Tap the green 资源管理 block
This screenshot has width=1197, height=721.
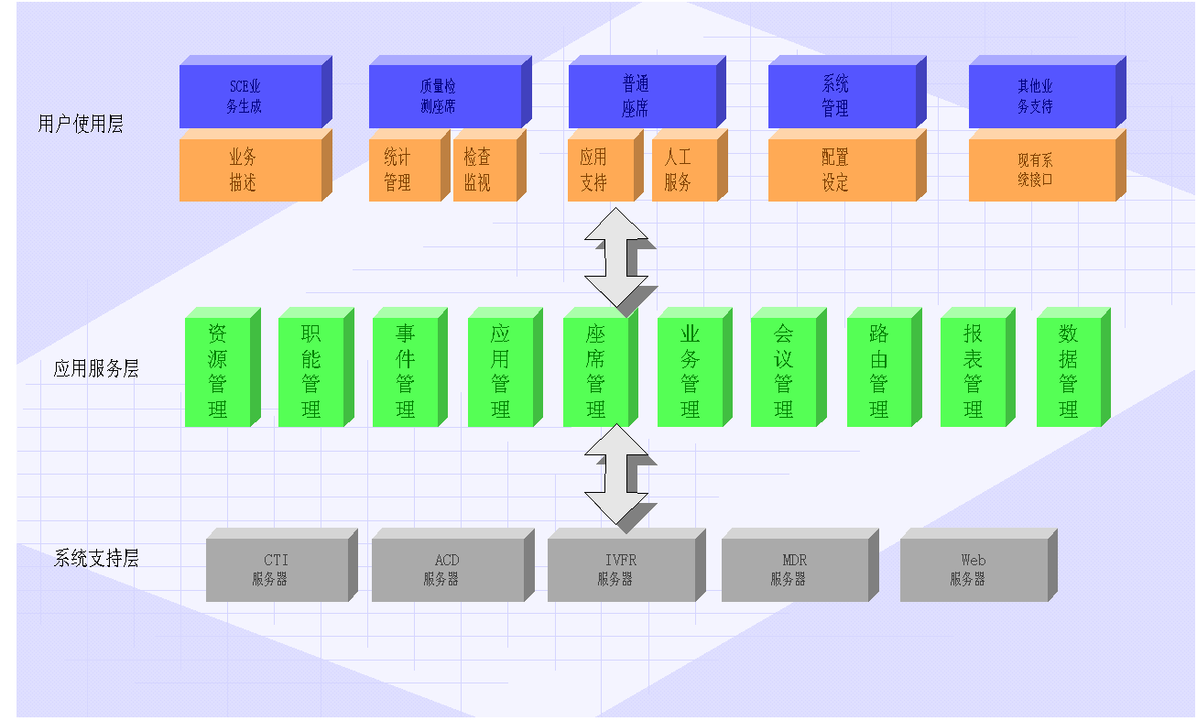[x=217, y=371]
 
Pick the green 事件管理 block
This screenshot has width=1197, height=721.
[x=405, y=371]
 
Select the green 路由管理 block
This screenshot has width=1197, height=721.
[x=879, y=371]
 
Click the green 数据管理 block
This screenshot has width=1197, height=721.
[x=1068, y=371]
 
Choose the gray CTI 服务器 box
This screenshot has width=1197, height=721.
[x=277, y=570]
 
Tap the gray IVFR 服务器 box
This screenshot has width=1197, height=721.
[x=621, y=570]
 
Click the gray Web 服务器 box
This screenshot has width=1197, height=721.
[x=974, y=570]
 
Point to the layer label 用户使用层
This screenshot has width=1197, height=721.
[x=81, y=125]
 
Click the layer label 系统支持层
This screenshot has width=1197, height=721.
[x=96, y=558]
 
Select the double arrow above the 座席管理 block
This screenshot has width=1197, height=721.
[x=616, y=257]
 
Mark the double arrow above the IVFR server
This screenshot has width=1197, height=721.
[x=616, y=475]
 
